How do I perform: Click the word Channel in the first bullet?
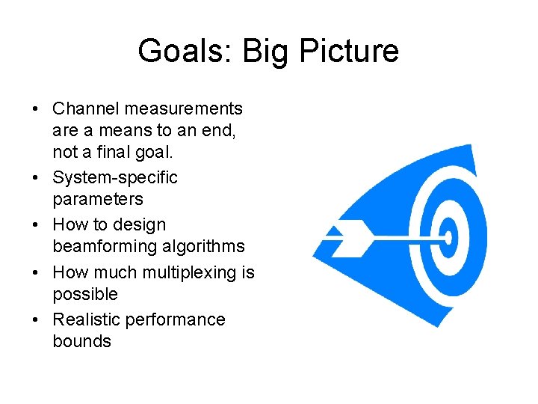tap(85, 109)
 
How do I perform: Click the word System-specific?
tap(115, 178)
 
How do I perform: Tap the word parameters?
tap(98, 200)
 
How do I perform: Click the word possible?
tap(85, 294)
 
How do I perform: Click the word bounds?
tap(81, 341)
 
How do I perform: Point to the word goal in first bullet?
tap(155, 153)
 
